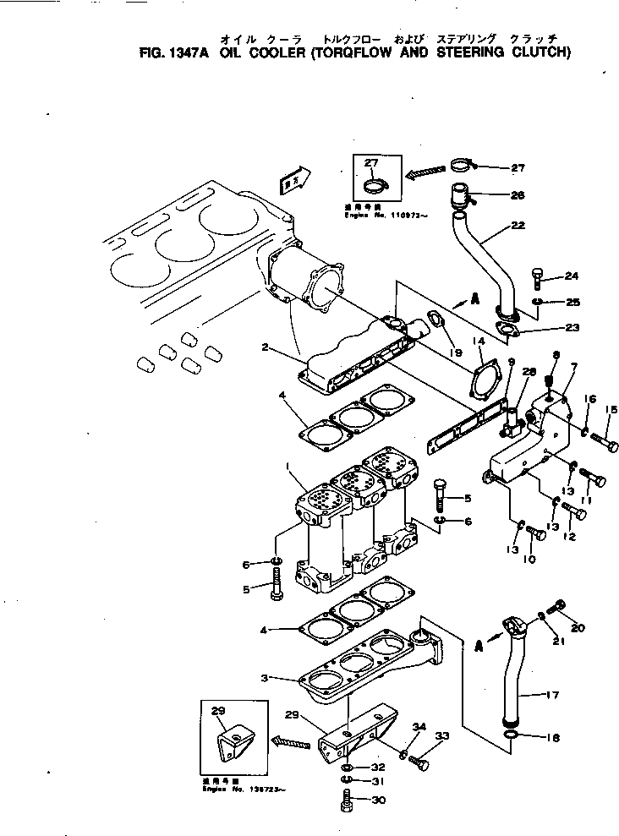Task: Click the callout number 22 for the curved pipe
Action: click(518, 226)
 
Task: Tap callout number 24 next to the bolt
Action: click(572, 276)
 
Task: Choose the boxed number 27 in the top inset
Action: click(371, 162)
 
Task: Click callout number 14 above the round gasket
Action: click(479, 341)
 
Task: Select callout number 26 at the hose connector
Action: click(518, 195)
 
